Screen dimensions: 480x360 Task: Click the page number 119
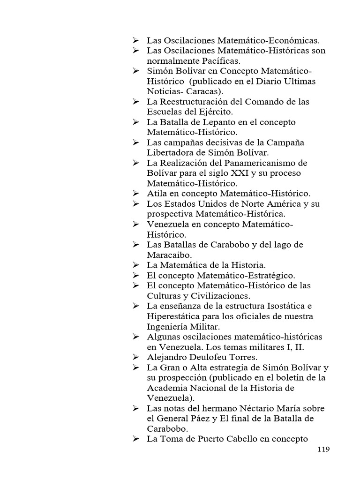click(323, 449)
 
